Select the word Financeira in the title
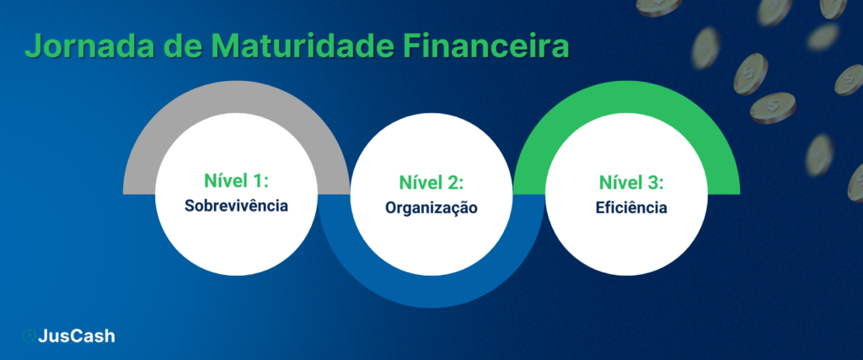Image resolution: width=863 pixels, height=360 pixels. click(490, 48)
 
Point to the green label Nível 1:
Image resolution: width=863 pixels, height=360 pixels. click(236, 181)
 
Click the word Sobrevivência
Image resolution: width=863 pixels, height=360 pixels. click(236, 205)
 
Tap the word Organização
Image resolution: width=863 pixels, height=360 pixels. click(431, 207)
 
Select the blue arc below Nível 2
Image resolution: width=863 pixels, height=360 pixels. click(431, 291)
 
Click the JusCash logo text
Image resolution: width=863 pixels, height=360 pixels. click(77, 336)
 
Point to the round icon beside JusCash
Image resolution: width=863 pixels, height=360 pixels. click(29, 336)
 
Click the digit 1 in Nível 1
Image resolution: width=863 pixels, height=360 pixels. click(260, 181)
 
